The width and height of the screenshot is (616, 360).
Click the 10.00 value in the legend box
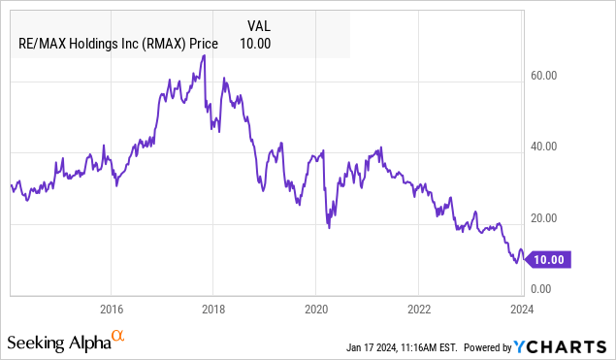(255, 44)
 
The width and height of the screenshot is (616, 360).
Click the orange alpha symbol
(117, 336)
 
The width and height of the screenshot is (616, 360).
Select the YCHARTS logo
(569, 346)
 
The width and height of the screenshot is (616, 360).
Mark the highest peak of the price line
(203, 55)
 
